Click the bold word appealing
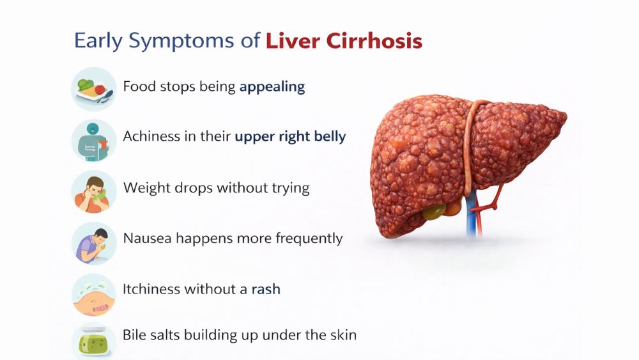coord(272,87)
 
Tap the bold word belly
coord(328,136)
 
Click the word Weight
coord(144,188)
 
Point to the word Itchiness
coord(151,288)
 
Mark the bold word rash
coord(265,289)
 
